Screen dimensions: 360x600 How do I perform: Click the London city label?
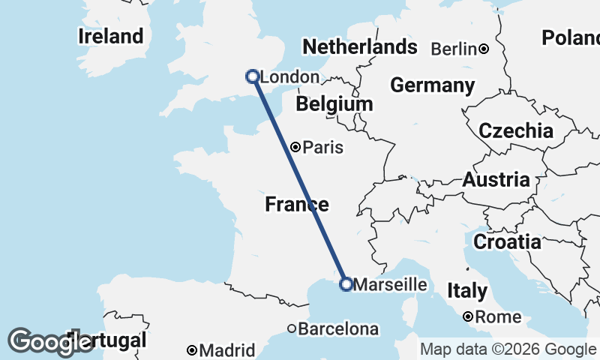pyautogui.click(x=289, y=77)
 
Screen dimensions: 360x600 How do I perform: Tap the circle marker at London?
pyautogui.click(x=253, y=76)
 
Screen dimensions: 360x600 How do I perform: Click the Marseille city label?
pyautogui.click(x=389, y=285)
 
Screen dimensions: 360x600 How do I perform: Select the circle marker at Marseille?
pyautogui.click(x=346, y=284)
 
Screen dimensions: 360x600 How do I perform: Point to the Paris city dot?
pyautogui.click(x=296, y=147)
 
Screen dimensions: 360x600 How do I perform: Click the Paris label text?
pyautogui.click(x=323, y=148)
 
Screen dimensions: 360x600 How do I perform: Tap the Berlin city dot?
pyautogui.click(x=484, y=49)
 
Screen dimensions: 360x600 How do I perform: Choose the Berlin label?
pyautogui.click(x=454, y=49)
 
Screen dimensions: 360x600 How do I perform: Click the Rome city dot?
pyautogui.click(x=468, y=317)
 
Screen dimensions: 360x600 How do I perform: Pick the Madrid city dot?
pyautogui.click(x=193, y=350)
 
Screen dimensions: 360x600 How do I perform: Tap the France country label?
pyautogui.click(x=297, y=204)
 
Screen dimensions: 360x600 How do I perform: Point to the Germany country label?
pyautogui.click(x=433, y=85)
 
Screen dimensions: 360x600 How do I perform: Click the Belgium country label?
pyautogui.click(x=334, y=104)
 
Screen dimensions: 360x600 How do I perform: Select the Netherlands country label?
pyautogui.click(x=359, y=47)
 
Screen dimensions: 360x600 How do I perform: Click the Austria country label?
pyautogui.click(x=496, y=180)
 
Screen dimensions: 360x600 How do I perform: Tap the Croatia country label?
pyautogui.click(x=506, y=242)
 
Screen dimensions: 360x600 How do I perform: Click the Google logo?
pyautogui.click(x=50, y=342)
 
